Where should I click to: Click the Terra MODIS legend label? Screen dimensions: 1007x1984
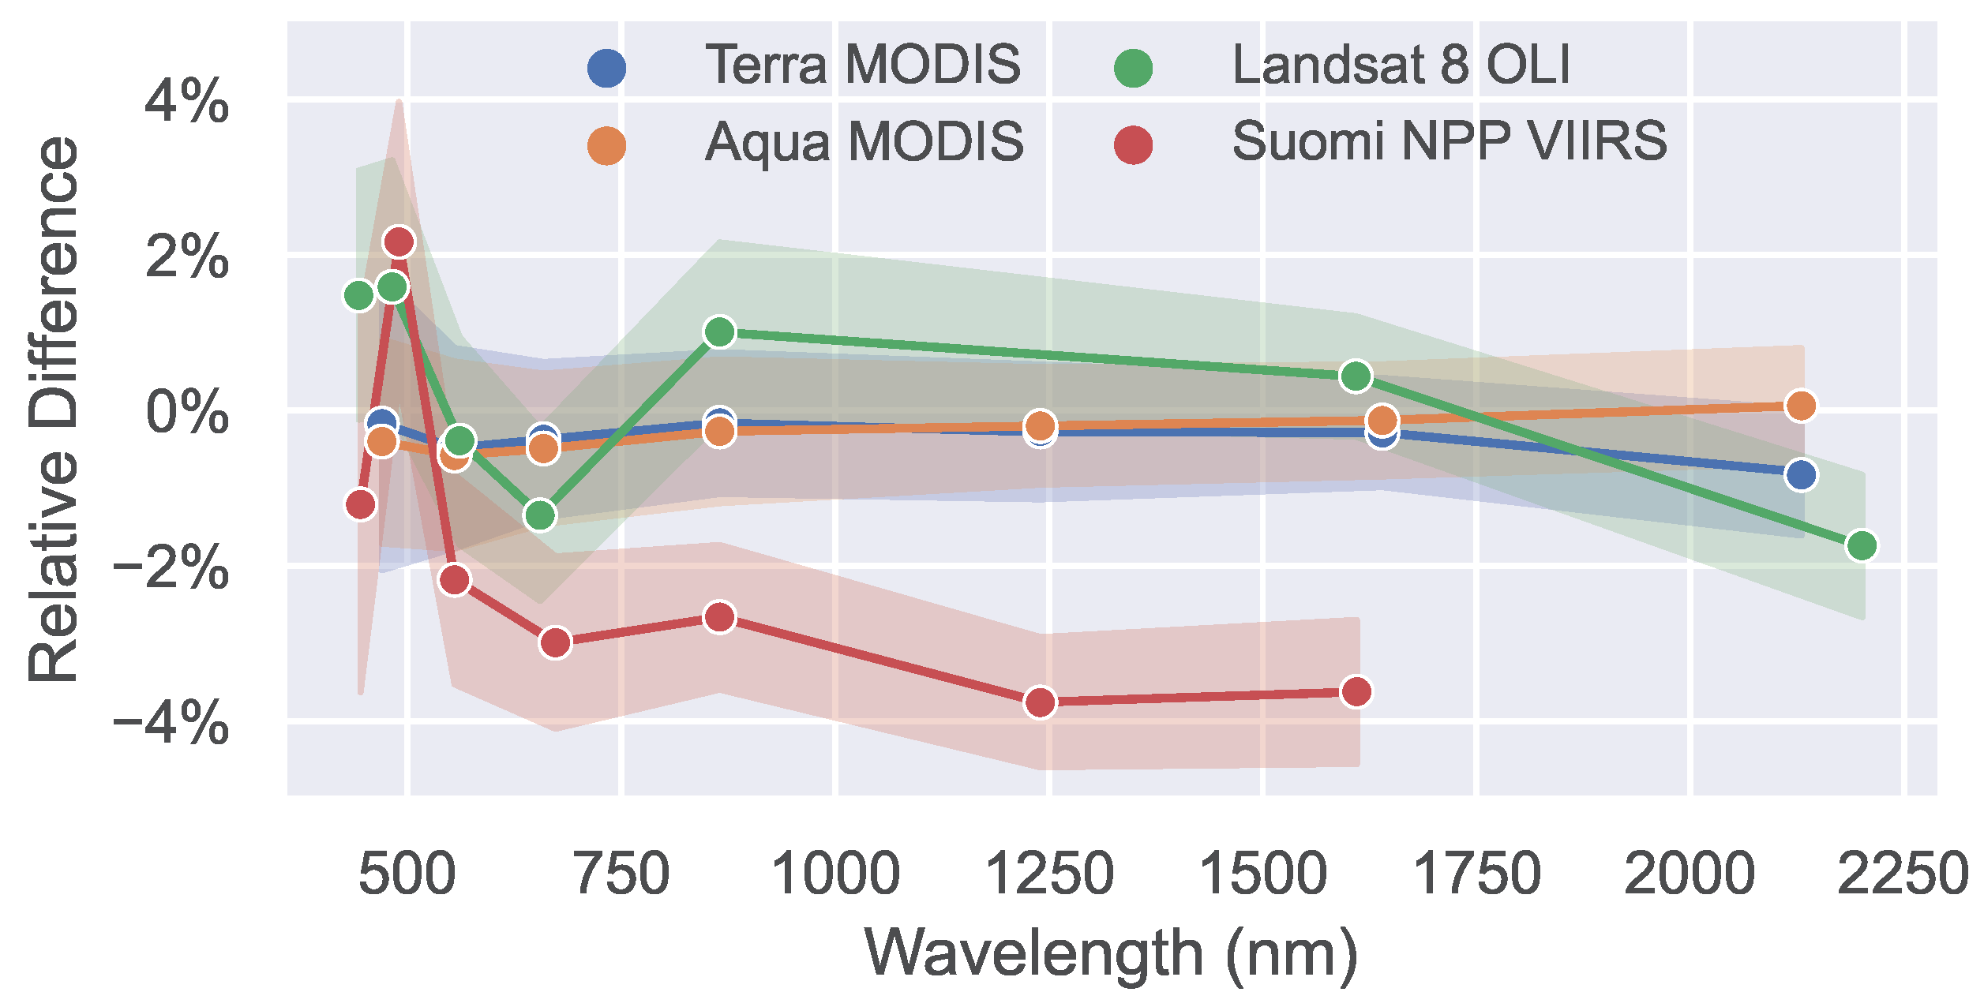(862, 65)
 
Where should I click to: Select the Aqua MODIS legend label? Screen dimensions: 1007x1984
(864, 143)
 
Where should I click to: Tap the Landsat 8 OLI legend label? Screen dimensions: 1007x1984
(1401, 65)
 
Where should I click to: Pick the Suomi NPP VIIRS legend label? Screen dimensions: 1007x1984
(1450, 142)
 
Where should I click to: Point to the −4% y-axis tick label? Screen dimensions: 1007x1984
(171, 724)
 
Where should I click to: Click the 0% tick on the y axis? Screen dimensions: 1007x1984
(187, 412)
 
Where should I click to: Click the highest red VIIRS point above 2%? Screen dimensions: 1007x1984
(399, 241)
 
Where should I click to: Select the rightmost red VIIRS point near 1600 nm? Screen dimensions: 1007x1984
(1356, 692)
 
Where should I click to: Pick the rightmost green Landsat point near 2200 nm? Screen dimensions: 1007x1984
(1862, 545)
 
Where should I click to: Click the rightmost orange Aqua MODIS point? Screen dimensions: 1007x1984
(1801, 406)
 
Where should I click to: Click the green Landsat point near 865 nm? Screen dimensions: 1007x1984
(719, 332)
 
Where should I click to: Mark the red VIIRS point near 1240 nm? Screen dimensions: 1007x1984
(1040, 702)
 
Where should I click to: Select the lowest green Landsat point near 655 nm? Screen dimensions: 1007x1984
(540, 515)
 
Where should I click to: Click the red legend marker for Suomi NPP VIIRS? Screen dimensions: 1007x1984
(1134, 145)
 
